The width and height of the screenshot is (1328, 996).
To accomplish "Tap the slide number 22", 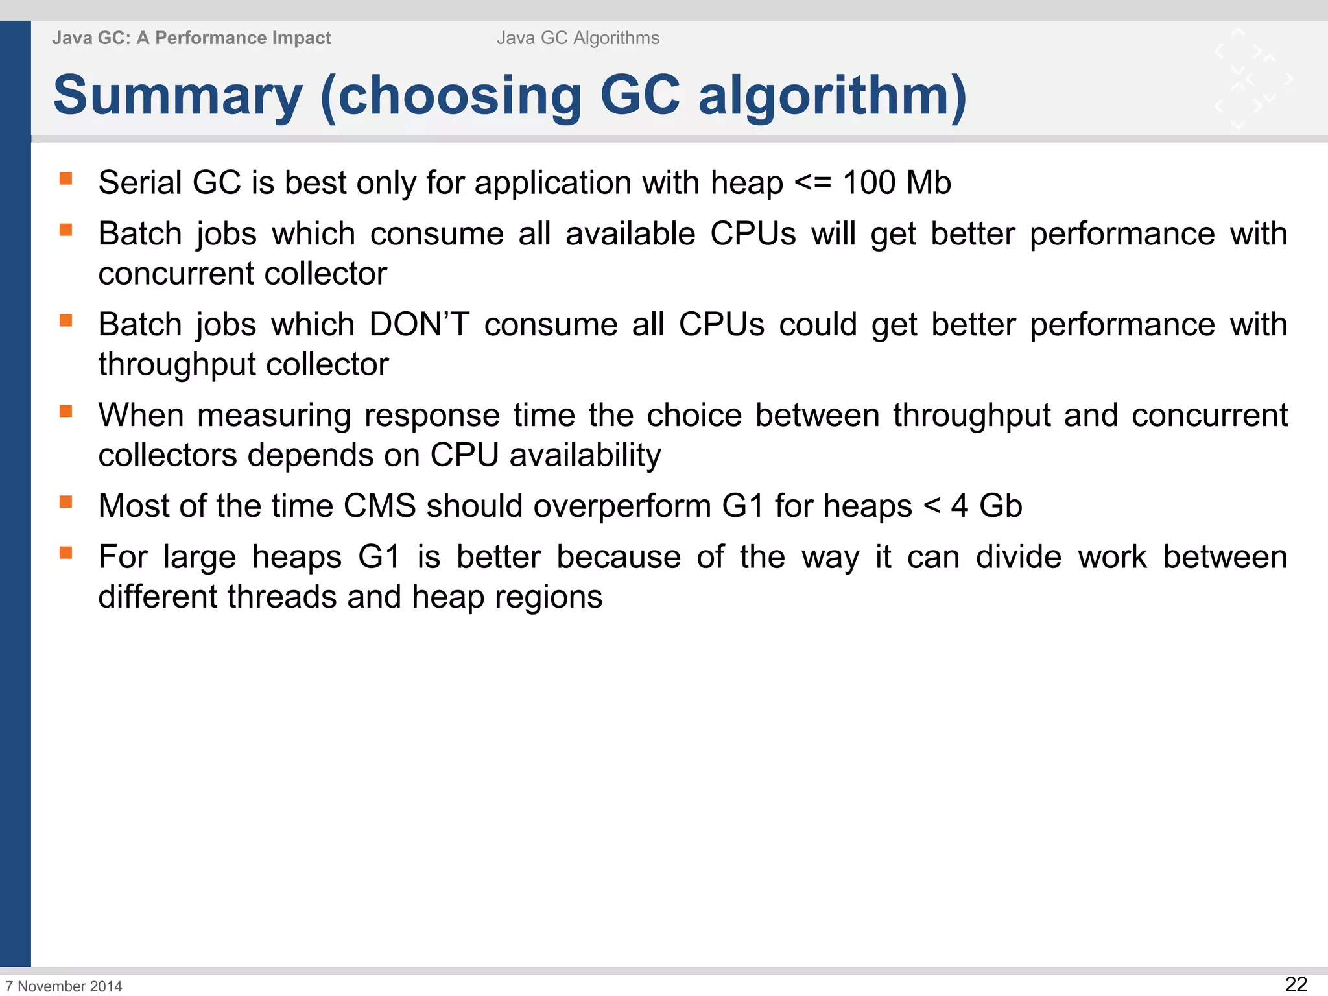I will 1296,984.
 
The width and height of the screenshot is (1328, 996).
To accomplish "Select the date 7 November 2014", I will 64,986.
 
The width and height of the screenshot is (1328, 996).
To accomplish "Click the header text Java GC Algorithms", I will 578,38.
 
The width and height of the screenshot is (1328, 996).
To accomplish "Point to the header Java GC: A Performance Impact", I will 191,38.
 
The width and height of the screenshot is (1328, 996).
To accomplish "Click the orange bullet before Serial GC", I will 65,178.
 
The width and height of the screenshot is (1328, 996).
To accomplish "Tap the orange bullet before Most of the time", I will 65,501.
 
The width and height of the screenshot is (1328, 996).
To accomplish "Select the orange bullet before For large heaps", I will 65,552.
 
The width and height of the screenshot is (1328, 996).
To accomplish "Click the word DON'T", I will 419,324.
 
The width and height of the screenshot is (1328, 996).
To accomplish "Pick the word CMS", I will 379,506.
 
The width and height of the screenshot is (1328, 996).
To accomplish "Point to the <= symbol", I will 813,183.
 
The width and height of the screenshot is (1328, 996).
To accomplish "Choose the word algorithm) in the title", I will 832,96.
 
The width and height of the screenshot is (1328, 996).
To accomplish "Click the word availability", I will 585,455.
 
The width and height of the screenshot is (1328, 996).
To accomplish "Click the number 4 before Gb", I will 960,506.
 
